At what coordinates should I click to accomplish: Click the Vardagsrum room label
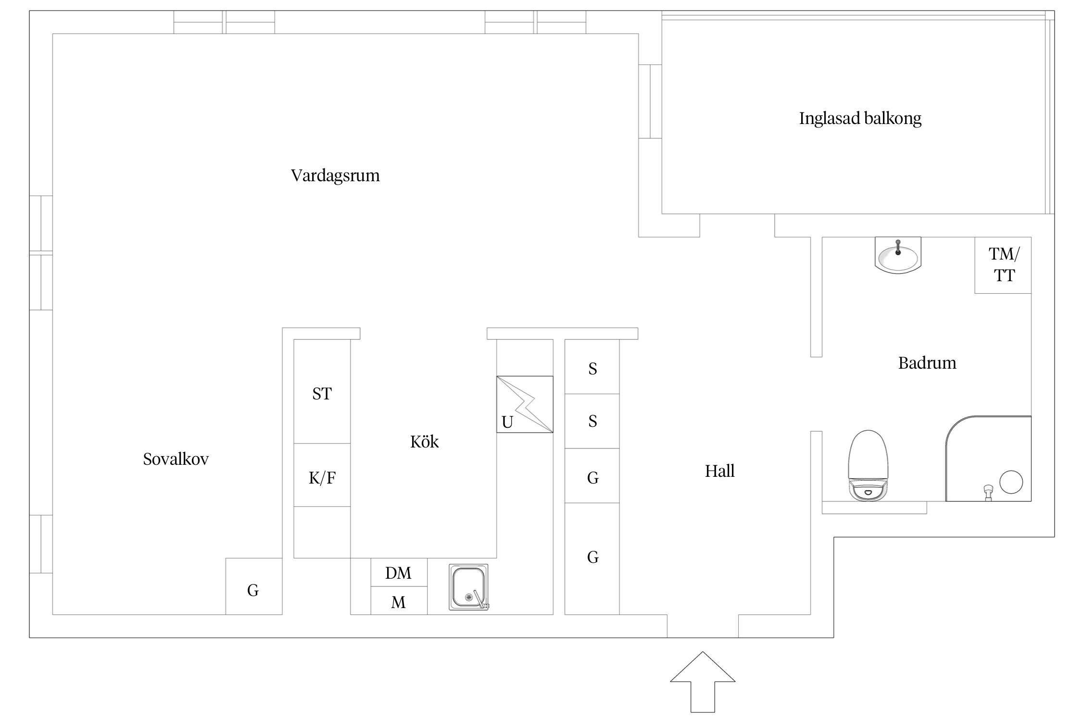335,175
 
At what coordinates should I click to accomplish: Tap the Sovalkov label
176,460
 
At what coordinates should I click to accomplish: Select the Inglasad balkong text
860,118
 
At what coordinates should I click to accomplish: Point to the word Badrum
927,363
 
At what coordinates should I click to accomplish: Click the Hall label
719,471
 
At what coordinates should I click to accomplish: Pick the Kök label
424,442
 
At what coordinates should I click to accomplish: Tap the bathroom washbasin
897,256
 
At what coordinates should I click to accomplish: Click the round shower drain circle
1011,482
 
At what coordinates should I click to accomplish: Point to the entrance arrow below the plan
703,687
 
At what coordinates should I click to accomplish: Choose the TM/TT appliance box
1003,265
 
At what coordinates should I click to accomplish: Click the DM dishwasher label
398,573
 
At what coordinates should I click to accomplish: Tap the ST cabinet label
322,394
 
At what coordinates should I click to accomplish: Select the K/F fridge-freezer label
322,478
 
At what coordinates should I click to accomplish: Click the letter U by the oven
507,423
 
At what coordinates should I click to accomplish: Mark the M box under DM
398,602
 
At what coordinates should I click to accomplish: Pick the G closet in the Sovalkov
253,590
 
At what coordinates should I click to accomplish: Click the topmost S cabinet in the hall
592,369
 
